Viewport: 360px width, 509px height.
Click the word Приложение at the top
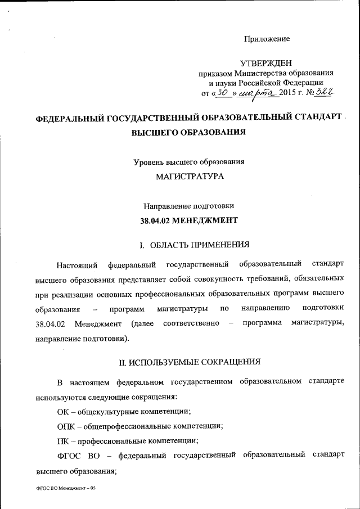(267, 39)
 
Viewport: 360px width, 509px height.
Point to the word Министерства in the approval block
(259, 73)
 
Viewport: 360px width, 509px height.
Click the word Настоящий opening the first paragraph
(78, 264)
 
